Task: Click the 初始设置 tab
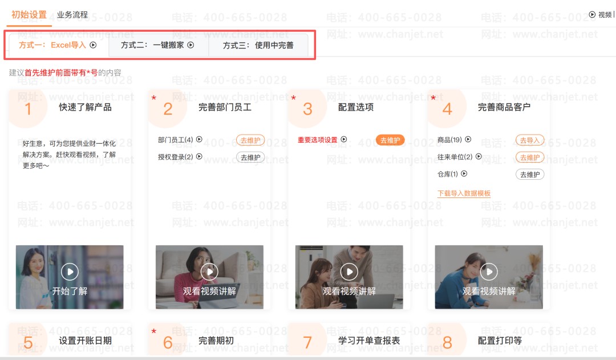tap(29, 15)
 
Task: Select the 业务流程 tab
tap(72, 15)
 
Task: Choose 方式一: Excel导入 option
tap(58, 45)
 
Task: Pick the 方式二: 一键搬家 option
tap(157, 45)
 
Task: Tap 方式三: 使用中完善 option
tap(258, 46)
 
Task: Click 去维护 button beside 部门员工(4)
tap(250, 140)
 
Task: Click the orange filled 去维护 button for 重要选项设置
tap(390, 140)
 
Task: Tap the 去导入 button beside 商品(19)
tap(529, 140)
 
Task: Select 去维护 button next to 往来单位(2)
tap(529, 157)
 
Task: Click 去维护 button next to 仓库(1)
tap(529, 175)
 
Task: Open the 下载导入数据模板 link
tap(464, 193)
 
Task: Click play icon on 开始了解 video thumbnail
tap(70, 272)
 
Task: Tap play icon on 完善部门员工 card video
tap(209, 272)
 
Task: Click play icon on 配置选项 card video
tap(349, 272)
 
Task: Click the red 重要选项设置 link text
tap(318, 140)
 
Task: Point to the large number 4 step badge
tap(447, 109)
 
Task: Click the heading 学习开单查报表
tap(369, 341)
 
